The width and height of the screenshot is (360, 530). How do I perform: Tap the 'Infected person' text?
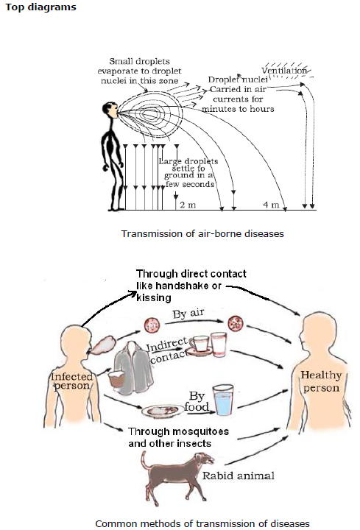pyautogui.click(x=71, y=381)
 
